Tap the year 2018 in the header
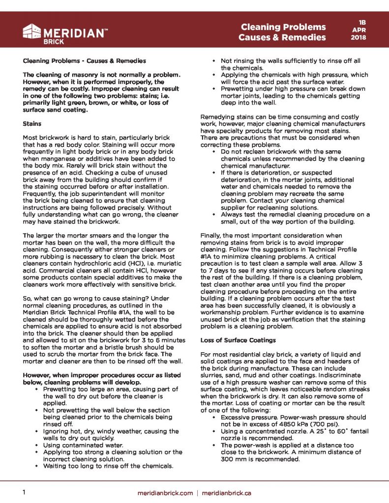(362, 38)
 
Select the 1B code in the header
(362, 22)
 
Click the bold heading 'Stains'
(32, 124)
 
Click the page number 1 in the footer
(24, 492)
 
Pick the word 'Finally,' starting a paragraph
(212, 235)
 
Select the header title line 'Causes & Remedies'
(282, 37)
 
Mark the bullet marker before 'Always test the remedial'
(214, 215)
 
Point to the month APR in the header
(362, 30)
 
